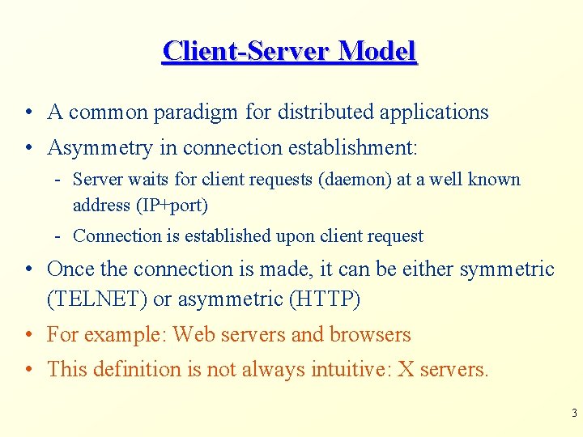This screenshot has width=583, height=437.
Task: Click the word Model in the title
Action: pos(377,51)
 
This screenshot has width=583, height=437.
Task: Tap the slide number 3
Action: pos(574,414)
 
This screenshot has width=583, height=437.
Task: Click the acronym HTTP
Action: pos(324,299)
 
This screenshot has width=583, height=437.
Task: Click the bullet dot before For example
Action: pos(28,335)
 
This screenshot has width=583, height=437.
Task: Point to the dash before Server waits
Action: pos(60,180)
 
